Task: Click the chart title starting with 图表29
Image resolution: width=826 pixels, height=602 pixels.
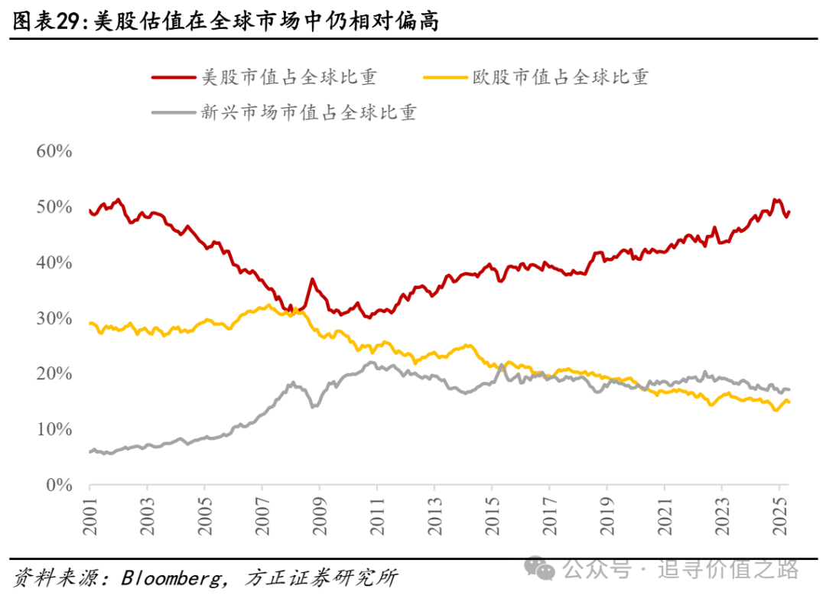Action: [x=226, y=21]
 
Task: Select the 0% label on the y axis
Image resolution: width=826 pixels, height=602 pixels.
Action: [x=58, y=485]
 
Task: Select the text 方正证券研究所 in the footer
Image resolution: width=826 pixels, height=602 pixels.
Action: [x=321, y=578]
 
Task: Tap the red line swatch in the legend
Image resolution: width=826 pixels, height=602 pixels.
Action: [x=172, y=78]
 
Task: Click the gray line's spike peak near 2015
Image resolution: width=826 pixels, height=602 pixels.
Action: [x=502, y=365]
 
